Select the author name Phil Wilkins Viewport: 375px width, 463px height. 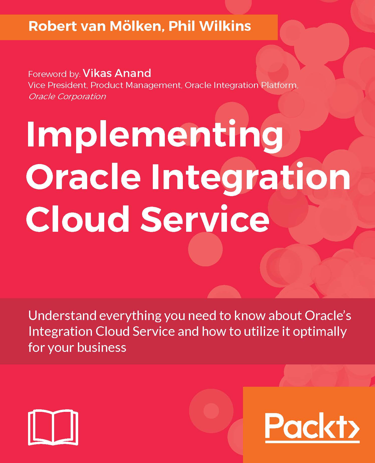(x=210, y=27)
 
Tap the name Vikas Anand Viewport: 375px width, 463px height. (x=117, y=73)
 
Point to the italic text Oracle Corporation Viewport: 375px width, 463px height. (x=67, y=97)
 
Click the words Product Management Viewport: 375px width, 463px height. (x=136, y=85)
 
